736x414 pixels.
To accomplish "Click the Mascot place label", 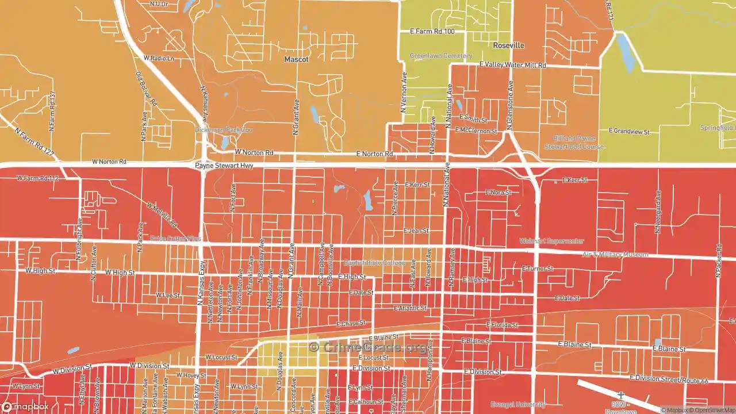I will click(296, 59).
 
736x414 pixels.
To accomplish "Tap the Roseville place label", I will click(508, 45).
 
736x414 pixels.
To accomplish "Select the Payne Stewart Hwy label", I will click(224, 166).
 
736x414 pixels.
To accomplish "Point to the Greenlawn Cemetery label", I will click(440, 56).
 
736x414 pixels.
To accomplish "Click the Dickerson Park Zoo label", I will click(224, 130).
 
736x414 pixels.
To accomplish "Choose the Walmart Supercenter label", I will click(551, 241).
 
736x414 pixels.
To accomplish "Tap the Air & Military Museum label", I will click(615, 254).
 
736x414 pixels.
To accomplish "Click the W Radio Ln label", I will click(159, 58).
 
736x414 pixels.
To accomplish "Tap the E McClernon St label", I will click(476, 131).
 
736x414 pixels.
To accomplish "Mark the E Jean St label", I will click(416, 231).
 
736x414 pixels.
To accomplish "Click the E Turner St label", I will click(537, 269).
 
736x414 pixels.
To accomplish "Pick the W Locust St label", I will click(221, 357).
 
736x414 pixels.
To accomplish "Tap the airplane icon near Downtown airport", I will click(620, 396).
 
